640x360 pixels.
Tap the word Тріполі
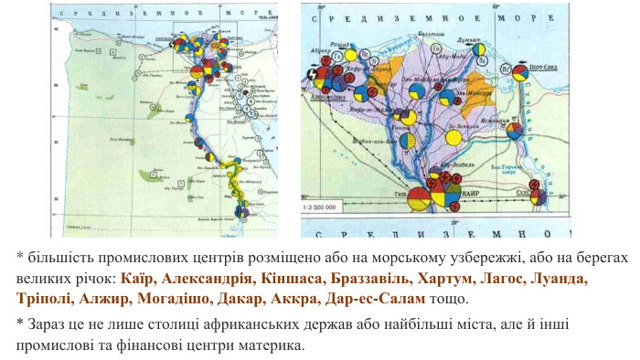pos(45,299)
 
